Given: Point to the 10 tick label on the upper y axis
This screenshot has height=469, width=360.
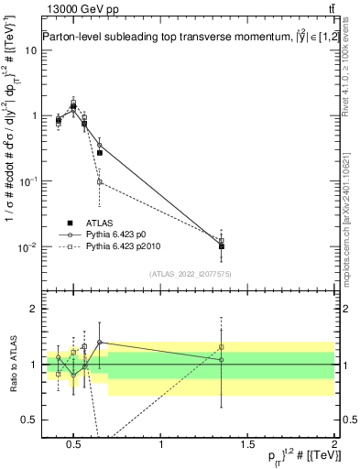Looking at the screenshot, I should pos(30,50).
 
